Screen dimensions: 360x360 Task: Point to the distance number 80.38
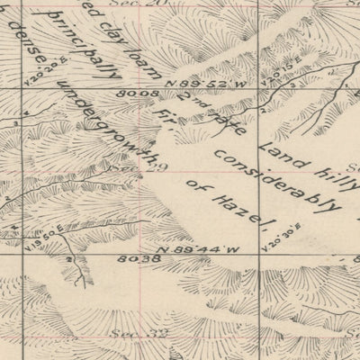pyautogui.click(x=134, y=258)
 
